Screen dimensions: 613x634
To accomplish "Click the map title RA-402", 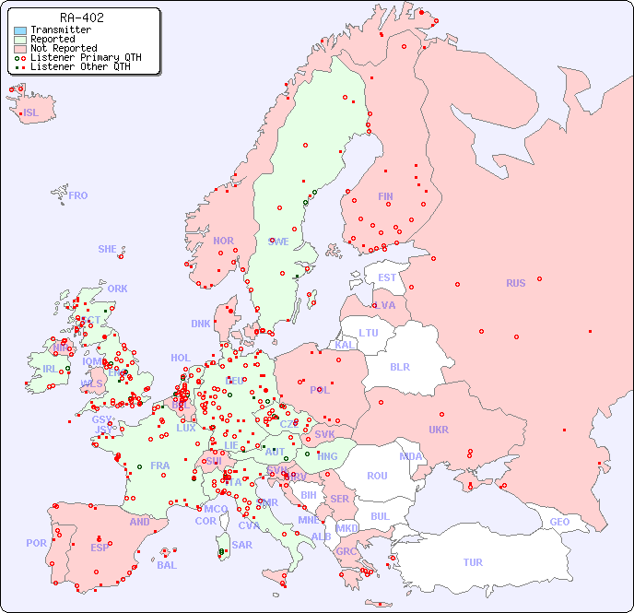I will tap(81, 18).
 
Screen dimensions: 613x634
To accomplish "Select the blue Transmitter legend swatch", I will tap(20, 29).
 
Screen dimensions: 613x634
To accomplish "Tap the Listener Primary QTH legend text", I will tap(86, 57).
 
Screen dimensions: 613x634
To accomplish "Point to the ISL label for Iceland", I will tap(30, 113).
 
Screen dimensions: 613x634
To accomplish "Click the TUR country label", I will tap(473, 562).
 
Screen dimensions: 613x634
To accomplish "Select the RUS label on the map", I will tap(515, 283).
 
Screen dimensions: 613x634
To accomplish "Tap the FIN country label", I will tap(385, 196).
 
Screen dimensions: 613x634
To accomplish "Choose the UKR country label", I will tap(438, 430).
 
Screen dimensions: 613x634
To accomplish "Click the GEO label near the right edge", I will tap(559, 522).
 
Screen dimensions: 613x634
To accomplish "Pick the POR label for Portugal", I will tap(36, 543).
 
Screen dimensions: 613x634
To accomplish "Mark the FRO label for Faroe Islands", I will tap(78, 195).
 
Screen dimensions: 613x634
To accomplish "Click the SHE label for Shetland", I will tap(107, 249).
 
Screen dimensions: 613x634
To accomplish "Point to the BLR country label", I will tap(399, 366).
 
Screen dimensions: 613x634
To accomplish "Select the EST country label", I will tap(387, 277).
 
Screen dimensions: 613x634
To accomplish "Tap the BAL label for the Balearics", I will tap(166, 565).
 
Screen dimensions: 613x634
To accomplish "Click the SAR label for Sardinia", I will tap(241, 545).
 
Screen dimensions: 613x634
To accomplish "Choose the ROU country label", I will tap(377, 476).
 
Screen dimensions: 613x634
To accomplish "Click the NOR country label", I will tap(223, 241).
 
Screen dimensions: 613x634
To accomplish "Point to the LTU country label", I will tap(369, 333).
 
